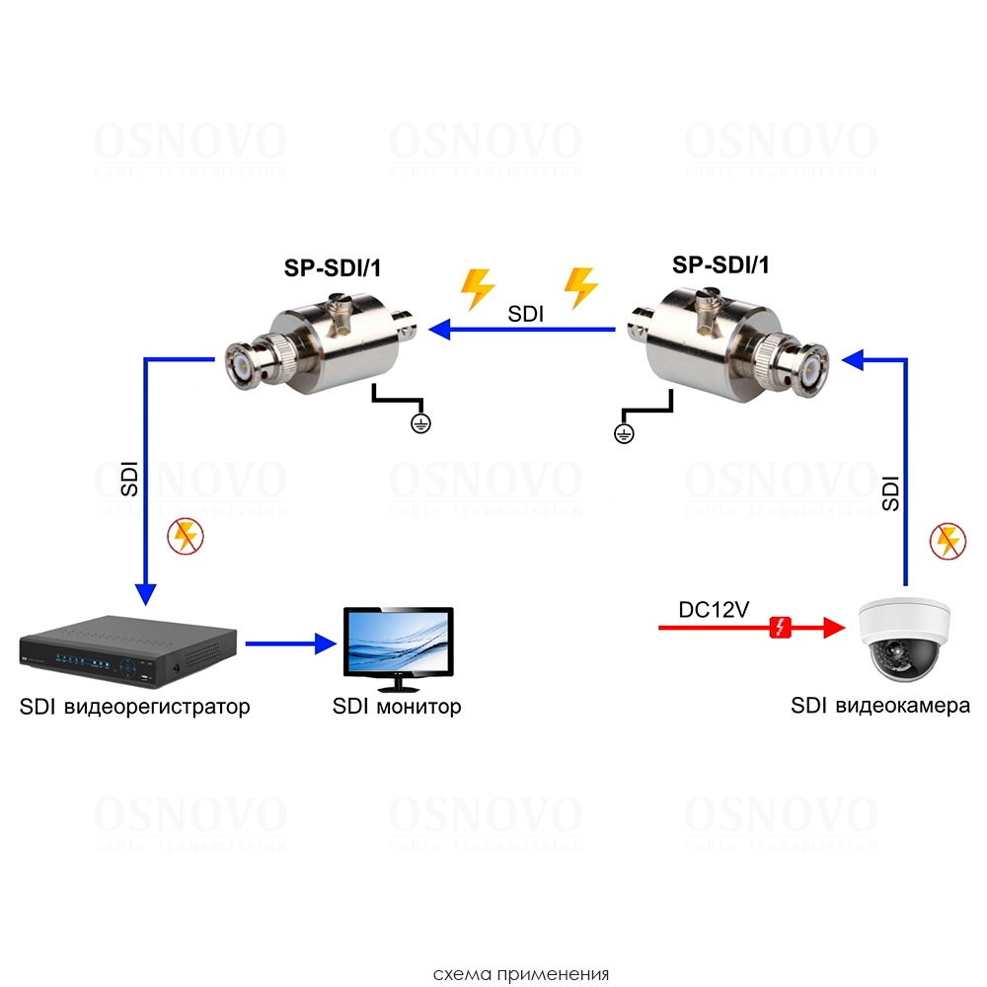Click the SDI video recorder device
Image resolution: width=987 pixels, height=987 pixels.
tap(129, 649)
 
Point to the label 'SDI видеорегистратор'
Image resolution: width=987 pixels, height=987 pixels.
tap(134, 707)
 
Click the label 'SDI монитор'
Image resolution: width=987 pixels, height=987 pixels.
tap(397, 707)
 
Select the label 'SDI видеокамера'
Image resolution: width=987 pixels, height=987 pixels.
tap(879, 706)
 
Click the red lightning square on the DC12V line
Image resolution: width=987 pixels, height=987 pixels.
tap(781, 627)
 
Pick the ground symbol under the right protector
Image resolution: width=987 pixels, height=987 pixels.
tap(623, 432)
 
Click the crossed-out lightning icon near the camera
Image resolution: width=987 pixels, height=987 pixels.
tap(946, 540)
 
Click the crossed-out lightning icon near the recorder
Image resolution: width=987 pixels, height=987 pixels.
tap(183, 536)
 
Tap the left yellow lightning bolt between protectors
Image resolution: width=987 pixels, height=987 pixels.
tap(478, 288)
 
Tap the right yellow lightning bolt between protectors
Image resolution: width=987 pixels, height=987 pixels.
tap(580, 288)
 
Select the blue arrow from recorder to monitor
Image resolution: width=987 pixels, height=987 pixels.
tap(292, 644)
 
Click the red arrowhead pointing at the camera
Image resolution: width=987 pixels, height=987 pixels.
tap(834, 627)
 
